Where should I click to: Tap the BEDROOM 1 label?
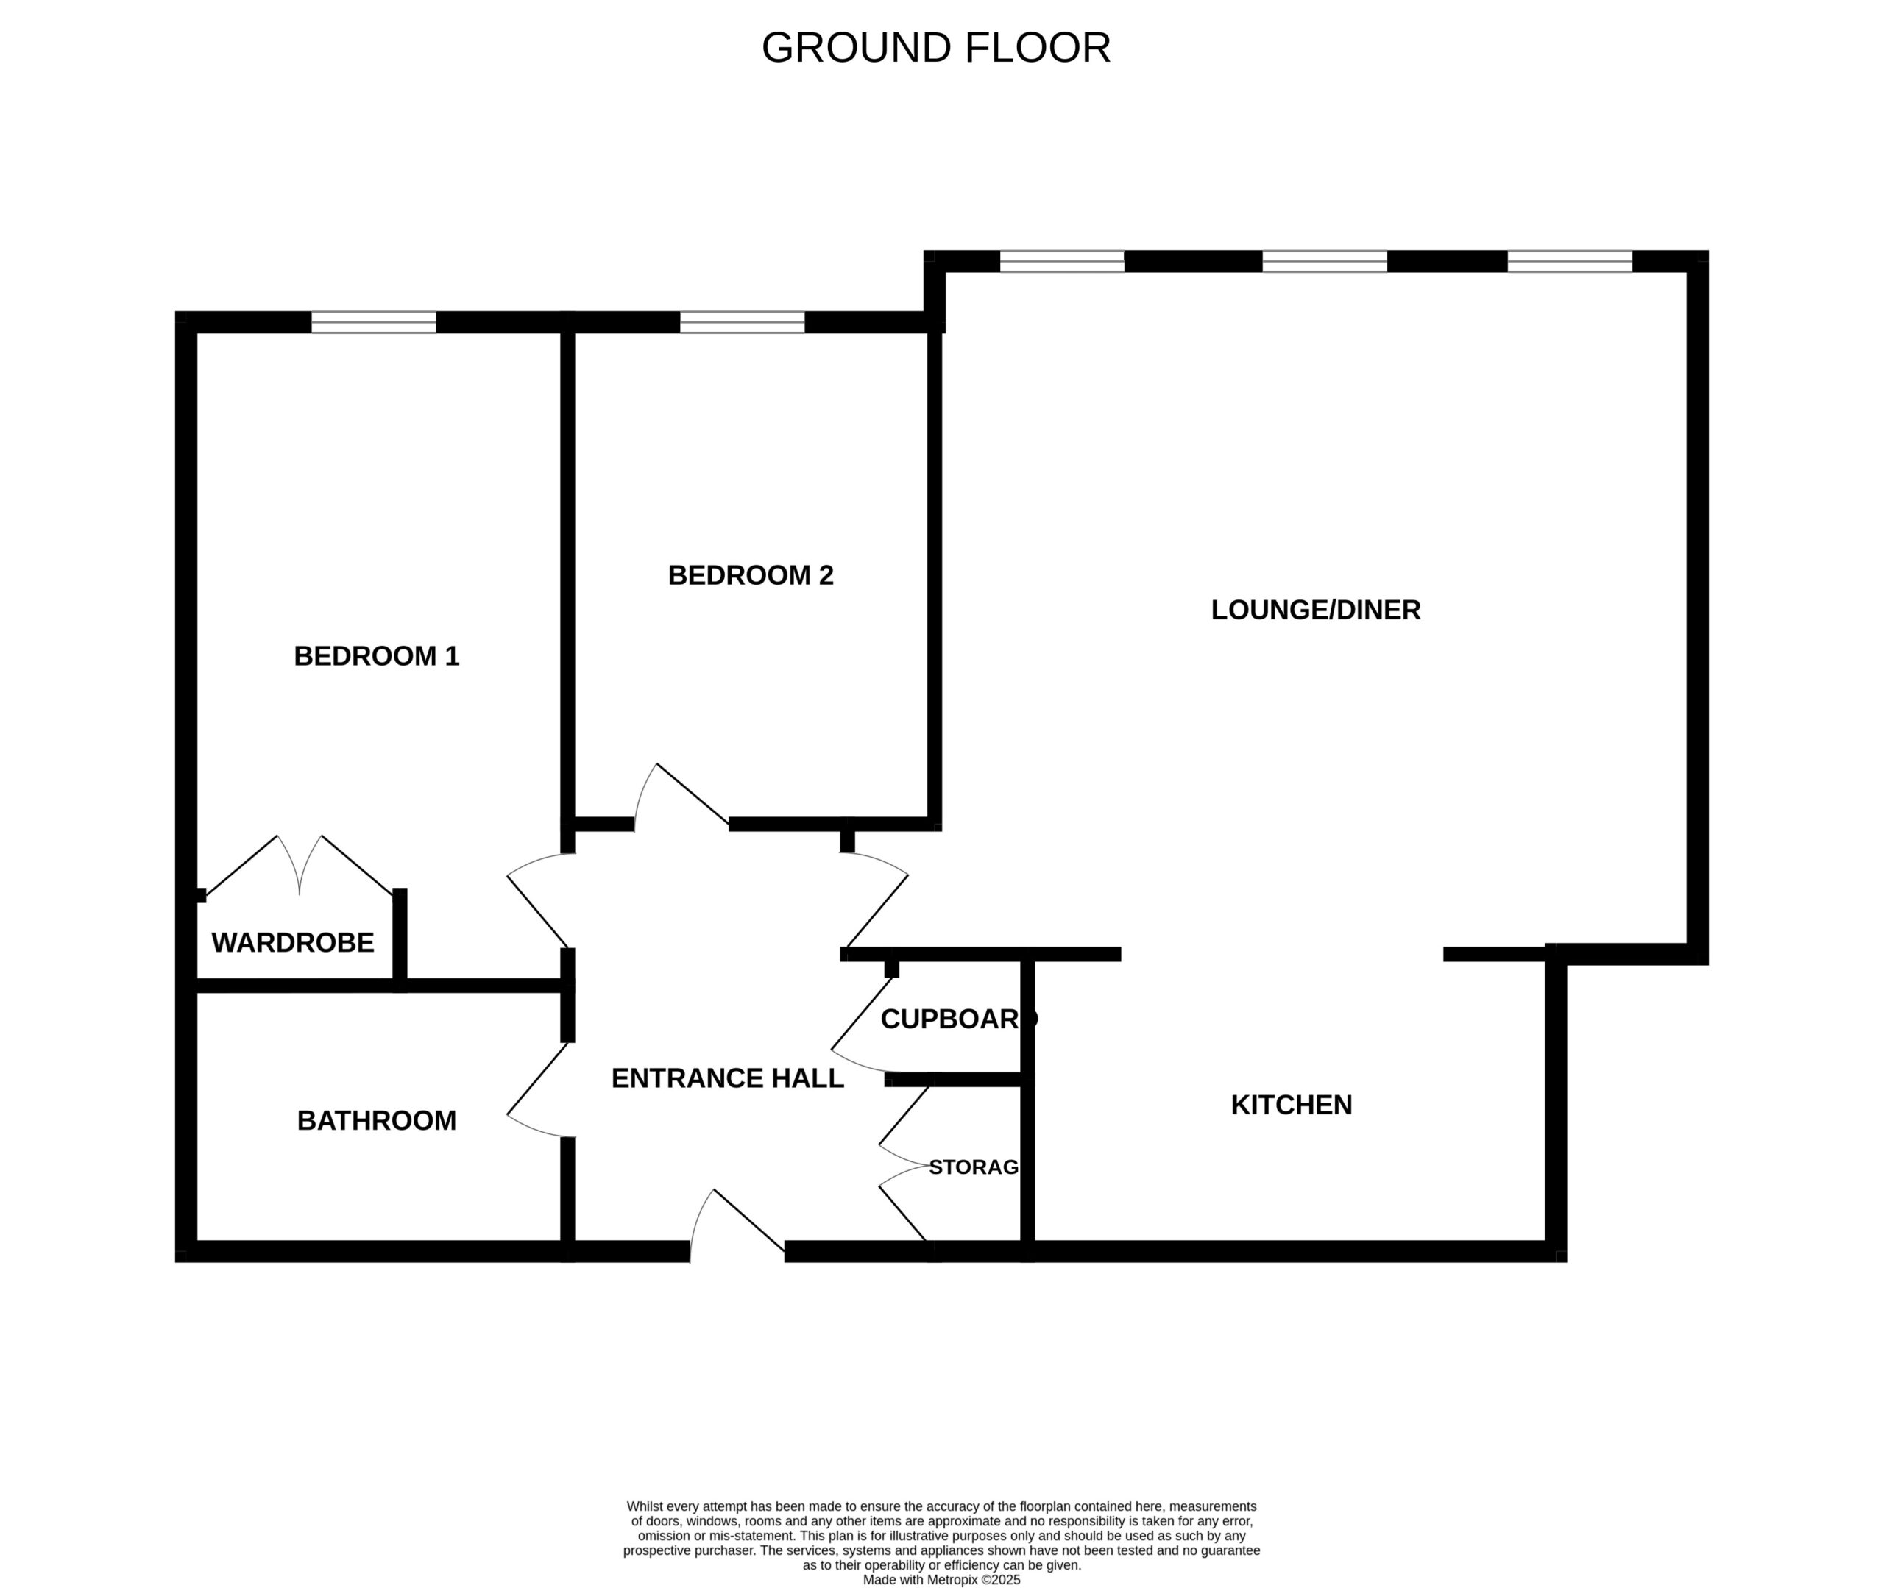pos(377,656)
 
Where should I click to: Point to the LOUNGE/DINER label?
pos(1316,610)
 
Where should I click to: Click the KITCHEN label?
pos(1292,1105)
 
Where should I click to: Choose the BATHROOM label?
pos(377,1121)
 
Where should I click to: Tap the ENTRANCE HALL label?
pos(728,1078)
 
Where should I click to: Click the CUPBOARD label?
pos(958,1019)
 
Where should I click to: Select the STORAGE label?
pos(974,1167)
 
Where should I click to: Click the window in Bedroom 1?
pos(374,322)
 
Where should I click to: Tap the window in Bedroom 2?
pos(742,322)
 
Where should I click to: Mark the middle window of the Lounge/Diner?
pos(1325,261)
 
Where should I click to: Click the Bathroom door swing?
pos(539,1090)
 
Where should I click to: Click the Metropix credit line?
pos(941,1580)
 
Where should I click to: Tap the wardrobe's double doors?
pos(299,865)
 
